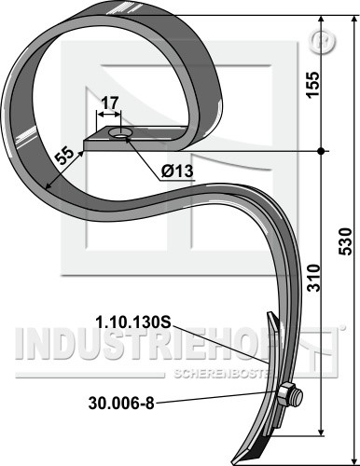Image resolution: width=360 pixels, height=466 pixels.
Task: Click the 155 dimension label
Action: coord(312,85)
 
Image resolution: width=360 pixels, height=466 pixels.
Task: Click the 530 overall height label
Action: coord(346,241)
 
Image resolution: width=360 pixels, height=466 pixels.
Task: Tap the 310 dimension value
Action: coord(313,278)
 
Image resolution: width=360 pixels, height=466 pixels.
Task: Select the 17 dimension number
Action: coord(110,103)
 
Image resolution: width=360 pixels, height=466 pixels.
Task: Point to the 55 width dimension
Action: coord(64,158)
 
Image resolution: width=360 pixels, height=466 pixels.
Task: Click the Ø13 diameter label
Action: coord(177,171)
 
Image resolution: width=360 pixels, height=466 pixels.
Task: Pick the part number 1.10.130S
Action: coord(133,323)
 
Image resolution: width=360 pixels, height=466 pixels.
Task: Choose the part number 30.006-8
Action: coord(121,404)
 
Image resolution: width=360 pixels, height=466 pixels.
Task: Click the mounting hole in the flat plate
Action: coord(120,133)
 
